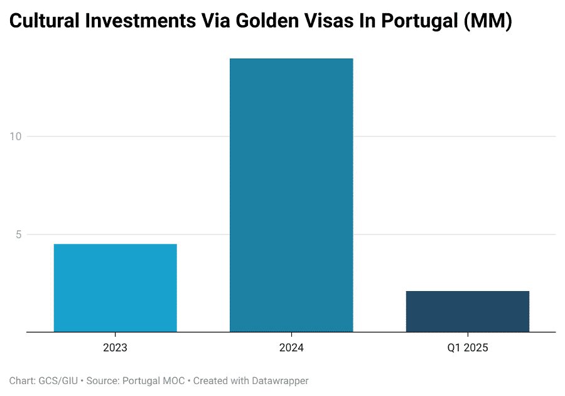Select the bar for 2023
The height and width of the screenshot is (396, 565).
tap(115, 287)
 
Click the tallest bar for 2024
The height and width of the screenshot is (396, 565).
tap(291, 195)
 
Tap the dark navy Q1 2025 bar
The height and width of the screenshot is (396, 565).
tap(467, 311)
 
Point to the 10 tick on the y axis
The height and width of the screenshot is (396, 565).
tap(16, 136)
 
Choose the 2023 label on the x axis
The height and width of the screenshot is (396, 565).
tap(115, 348)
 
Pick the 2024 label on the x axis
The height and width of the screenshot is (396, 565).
tap(291, 348)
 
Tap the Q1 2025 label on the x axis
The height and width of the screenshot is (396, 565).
tap(467, 348)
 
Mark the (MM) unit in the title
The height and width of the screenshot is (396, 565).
tap(492, 22)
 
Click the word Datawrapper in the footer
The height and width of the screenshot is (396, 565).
tap(280, 381)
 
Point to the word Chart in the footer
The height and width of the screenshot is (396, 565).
tap(21, 381)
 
